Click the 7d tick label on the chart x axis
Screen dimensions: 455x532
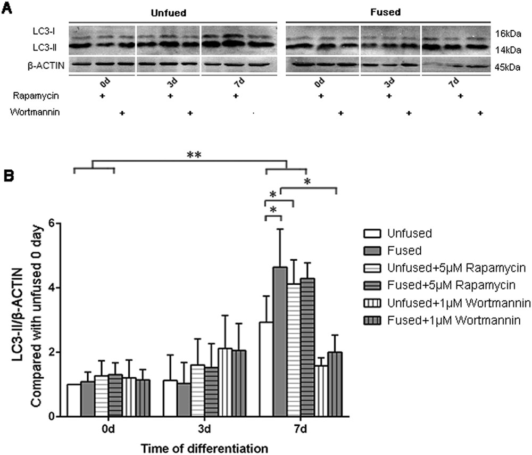(x=297, y=428)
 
